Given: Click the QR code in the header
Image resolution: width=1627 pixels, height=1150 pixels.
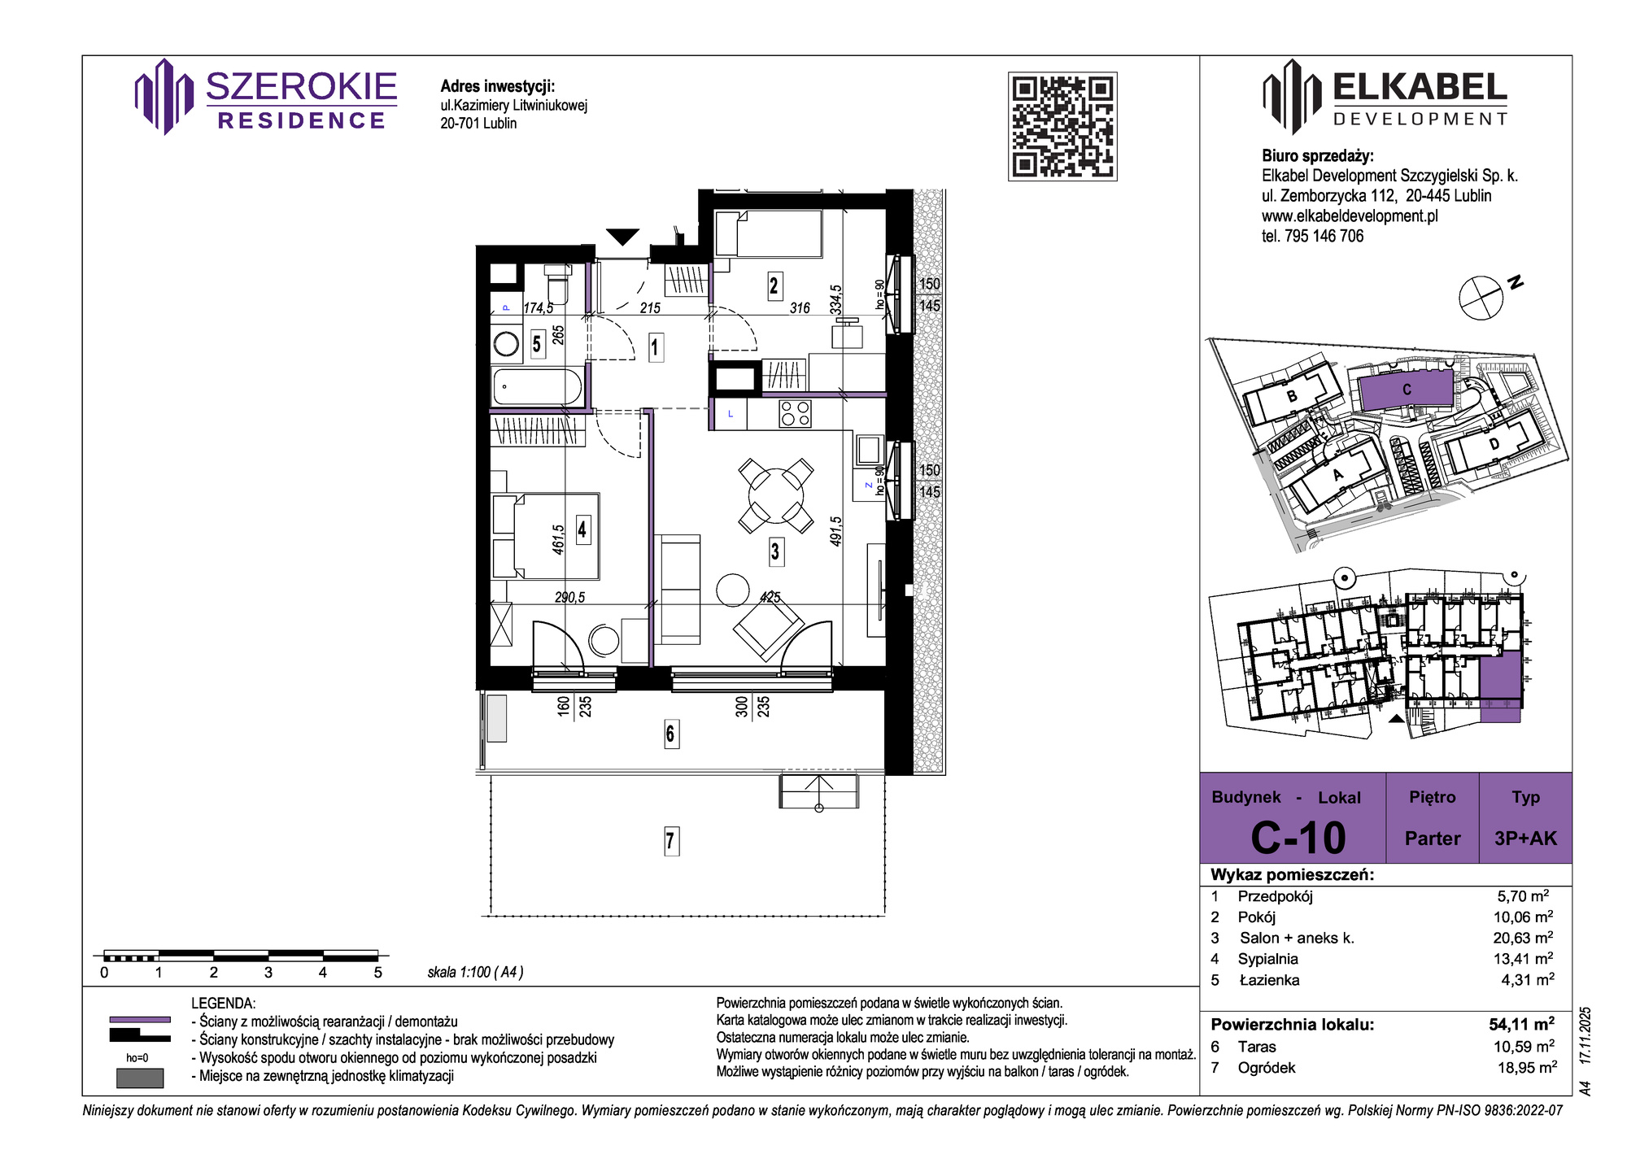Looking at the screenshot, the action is coord(1062,126).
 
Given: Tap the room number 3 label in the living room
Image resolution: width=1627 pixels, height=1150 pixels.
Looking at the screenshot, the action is coord(775,552).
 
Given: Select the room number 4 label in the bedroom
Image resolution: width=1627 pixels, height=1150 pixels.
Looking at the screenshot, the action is coord(582,530).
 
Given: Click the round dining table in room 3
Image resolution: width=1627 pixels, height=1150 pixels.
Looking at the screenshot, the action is coord(775,495).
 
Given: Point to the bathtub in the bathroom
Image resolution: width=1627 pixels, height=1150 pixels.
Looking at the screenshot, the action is coord(538,386).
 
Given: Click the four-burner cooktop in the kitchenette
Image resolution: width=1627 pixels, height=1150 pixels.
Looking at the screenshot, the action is coord(795,414).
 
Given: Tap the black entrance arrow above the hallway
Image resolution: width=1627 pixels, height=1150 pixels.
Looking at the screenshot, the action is coord(623,237).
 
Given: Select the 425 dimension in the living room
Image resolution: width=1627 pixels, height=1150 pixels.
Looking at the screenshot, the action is coord(770,597).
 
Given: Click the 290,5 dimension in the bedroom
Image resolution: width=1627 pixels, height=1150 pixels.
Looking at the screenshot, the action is coord(569,597).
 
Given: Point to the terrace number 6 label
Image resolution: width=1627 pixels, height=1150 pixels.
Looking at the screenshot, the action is coord(670,734).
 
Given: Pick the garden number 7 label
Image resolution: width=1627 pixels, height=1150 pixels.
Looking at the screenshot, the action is coord(670,840).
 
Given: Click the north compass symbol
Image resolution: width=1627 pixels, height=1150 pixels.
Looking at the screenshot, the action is coord(1481,298).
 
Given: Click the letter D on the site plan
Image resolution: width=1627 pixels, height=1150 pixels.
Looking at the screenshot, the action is coord(1494,445).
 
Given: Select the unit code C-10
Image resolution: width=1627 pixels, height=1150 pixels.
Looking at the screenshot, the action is coord(1298,838).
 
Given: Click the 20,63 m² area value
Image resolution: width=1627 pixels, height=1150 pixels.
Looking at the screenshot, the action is coord(1523,938).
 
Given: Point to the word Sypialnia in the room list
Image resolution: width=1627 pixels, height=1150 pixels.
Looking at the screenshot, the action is coord(1268,959).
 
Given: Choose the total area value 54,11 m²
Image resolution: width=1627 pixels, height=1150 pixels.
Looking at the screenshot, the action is coord(1521,1024).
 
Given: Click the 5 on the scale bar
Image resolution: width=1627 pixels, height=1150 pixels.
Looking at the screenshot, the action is coord(377,973).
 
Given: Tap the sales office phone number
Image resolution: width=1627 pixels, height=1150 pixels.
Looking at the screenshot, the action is coord(1312,236).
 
